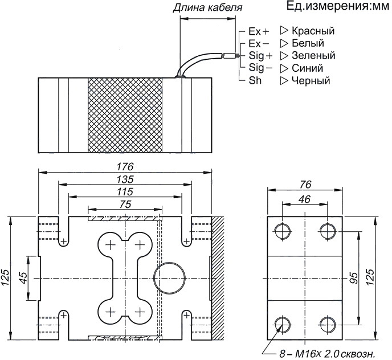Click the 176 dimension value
(124, 166)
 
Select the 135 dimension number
(124, 179)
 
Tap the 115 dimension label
(124, 191)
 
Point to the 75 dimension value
(125, 204)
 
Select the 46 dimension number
(305, 199)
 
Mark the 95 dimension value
(353, 279)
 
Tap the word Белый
(308, 43)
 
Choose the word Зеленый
(313, 56)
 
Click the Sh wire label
(255, 81)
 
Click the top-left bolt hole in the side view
(282, 231)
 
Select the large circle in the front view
(170, 277)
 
